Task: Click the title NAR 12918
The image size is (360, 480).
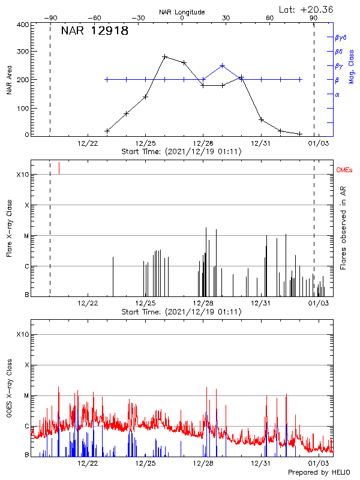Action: point(95,32)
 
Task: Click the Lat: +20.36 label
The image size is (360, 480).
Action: point(307,9)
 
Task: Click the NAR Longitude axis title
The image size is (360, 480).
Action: point(182,12)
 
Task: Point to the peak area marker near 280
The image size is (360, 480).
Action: point(164,56)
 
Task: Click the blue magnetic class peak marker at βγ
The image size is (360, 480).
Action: point(222,65)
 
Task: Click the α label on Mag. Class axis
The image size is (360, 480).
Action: point(337,94)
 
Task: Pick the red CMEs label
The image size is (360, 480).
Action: point(344,171)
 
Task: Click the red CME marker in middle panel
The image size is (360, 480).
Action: point(59,168)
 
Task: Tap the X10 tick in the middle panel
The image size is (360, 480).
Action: point(23,175)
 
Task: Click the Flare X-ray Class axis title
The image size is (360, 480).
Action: point(9,229)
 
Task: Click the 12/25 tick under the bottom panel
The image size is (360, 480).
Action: point(146,463)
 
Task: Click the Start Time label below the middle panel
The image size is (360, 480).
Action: point(181,312)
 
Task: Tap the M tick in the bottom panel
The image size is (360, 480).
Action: point(26,395)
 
